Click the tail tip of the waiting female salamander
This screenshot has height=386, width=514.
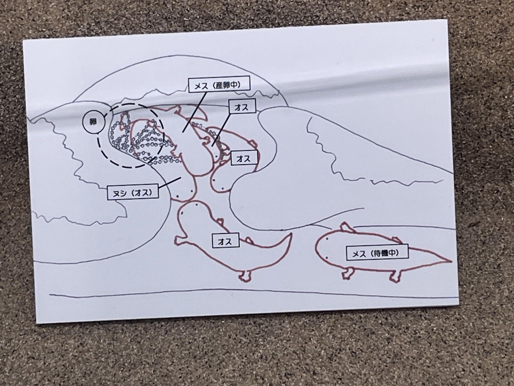click(451, 261)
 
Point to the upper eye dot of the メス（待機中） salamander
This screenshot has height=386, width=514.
click(327, 239)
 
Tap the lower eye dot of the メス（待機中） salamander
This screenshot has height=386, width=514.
click(327, 258)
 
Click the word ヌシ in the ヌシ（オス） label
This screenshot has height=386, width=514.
click(120, 192)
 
